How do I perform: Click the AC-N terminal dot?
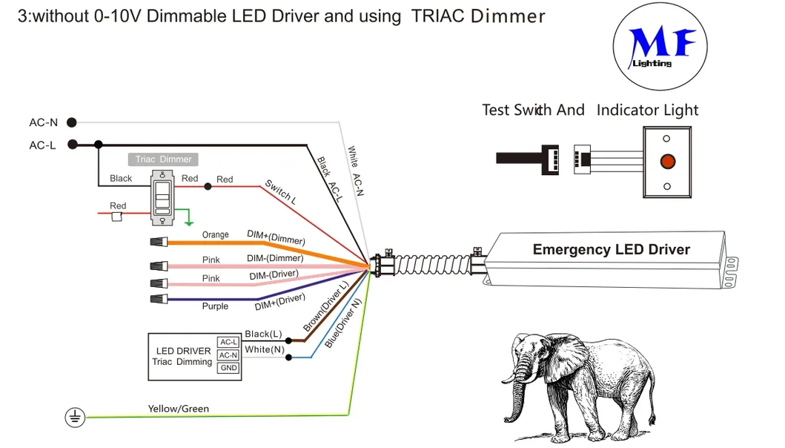(72, 122)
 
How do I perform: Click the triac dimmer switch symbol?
(162, 197)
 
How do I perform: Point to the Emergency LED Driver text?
(611, 249)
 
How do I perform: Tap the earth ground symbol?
(74, 418)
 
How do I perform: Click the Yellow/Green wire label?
(178, 409)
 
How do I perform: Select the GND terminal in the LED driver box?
(228, 369)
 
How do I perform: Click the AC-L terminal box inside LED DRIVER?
(228, 342)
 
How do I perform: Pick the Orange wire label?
(215, 235)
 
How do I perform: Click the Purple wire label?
(215, 306)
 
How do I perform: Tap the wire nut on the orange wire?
(159, 241)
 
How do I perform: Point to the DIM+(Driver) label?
(280, 301)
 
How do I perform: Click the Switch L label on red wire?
(280, 192)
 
